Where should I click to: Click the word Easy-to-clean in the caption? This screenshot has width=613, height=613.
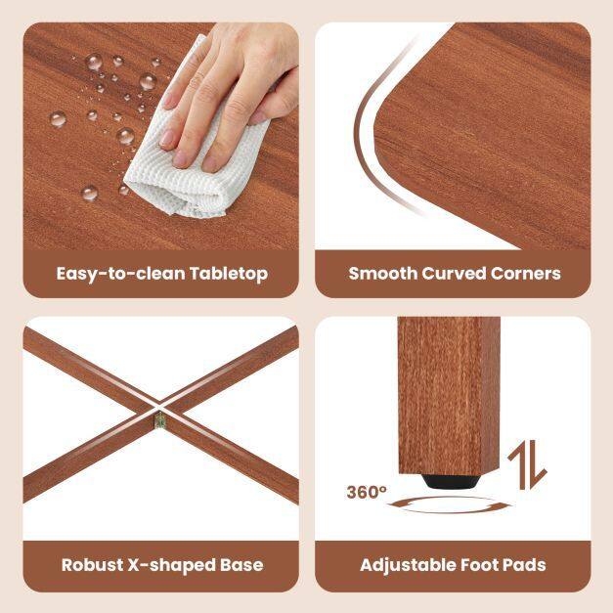coord(121,274)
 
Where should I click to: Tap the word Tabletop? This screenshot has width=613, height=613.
coord(229,275)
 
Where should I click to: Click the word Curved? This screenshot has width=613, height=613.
coord(454,274)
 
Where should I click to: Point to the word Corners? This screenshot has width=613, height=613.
coord(526,274)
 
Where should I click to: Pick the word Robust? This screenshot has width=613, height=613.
coord(92,565)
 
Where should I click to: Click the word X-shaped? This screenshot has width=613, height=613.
coord(172,566)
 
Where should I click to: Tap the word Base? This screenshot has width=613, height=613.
coord(241,565)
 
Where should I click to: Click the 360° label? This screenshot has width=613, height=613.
coord(367,492)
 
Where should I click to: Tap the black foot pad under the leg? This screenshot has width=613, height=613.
coord(449,481)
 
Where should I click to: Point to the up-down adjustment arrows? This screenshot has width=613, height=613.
coord(527,464)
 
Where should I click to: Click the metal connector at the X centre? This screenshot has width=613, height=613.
coord(160,419)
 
